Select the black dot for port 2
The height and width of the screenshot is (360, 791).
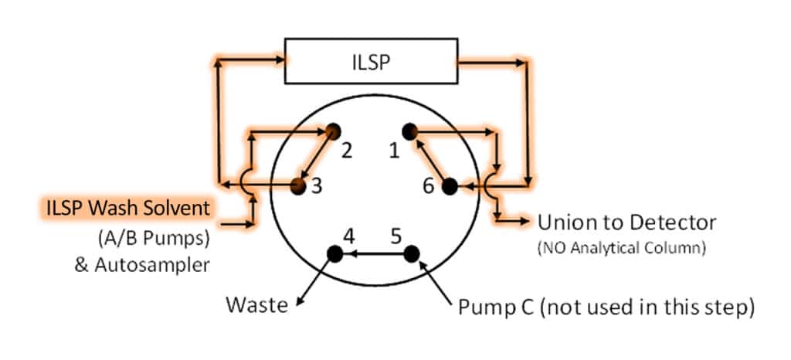point(333,131)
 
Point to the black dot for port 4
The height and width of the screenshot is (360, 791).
point(334,253)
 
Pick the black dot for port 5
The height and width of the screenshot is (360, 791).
point(410,253)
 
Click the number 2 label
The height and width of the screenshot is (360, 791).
point(347,151)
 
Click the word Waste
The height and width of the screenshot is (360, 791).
point(256,305)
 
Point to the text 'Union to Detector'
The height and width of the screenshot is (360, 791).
point(626,223)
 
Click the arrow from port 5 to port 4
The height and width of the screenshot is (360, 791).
point(372,253)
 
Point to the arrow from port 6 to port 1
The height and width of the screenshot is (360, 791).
point(429,158)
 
